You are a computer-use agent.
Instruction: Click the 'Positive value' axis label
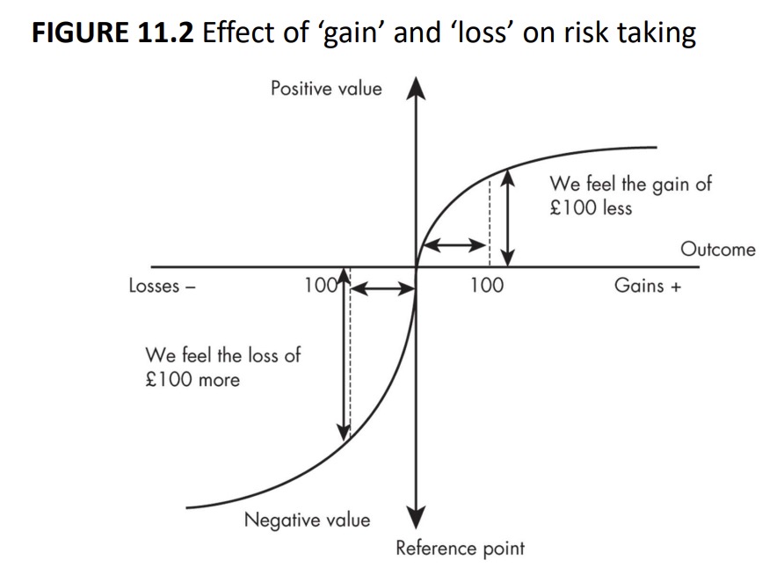click(x=326, y=88)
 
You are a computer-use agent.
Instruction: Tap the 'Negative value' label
click(x=307, y=520)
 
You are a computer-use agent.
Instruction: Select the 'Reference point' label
click(x=460, y=549)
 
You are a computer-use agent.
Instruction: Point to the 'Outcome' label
click(x=717, y=249)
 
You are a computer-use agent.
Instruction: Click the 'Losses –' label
click(x=162, y=286)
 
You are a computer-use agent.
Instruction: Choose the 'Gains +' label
click(x=648, y=286)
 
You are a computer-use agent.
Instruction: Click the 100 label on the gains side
click(x=486, y=286)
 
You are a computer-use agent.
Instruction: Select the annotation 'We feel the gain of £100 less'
click(x=630, y=195)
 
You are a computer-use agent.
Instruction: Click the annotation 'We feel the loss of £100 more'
click(x=222, y=367)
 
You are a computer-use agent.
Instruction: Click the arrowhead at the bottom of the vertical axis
click(x=417, y=519)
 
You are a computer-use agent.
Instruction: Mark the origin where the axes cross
click(x=417, y=266)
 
